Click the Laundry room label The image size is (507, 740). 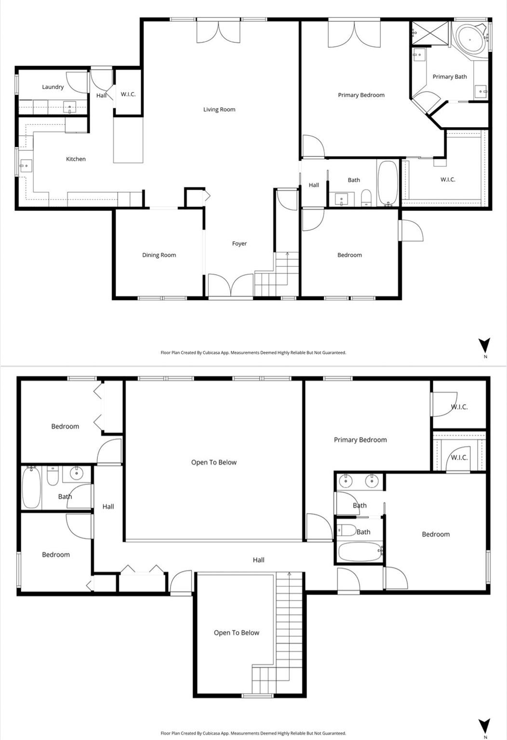pyautogui.click(x=53, y=87)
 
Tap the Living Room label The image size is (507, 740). pyautogui.click(x=219, y=109)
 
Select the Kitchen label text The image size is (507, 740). pyautogui.click(x=76, y=159)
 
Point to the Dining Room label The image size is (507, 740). pyautogui.click(x=159, y=255)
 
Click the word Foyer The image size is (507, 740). pyautogui.click(x=239, y=244)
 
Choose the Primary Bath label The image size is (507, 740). pyautogui.click(x=449, y=77)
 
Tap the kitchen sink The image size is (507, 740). pyautogui.click(x=25, y=166)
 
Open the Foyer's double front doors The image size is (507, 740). pyautogui.click(x=230, y=285)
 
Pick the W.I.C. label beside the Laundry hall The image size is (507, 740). pyautogui.click(x=128, y=94)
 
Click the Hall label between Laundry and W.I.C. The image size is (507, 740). pyautogui.click(x=101, y=95)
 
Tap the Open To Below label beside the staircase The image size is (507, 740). pyautogui.click(x=236, y=633)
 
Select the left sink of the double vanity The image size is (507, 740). pyautogui.click(x=345, y=481)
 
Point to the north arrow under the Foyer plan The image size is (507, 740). pyautogui.click(x=484, y=345)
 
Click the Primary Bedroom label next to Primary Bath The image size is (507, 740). pyautogui.click(x=361, y=95)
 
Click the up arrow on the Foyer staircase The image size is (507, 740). pyautogui.click(x=288, y=254)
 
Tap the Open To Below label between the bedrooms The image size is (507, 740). pyautogui.click(x=213, y=462)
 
